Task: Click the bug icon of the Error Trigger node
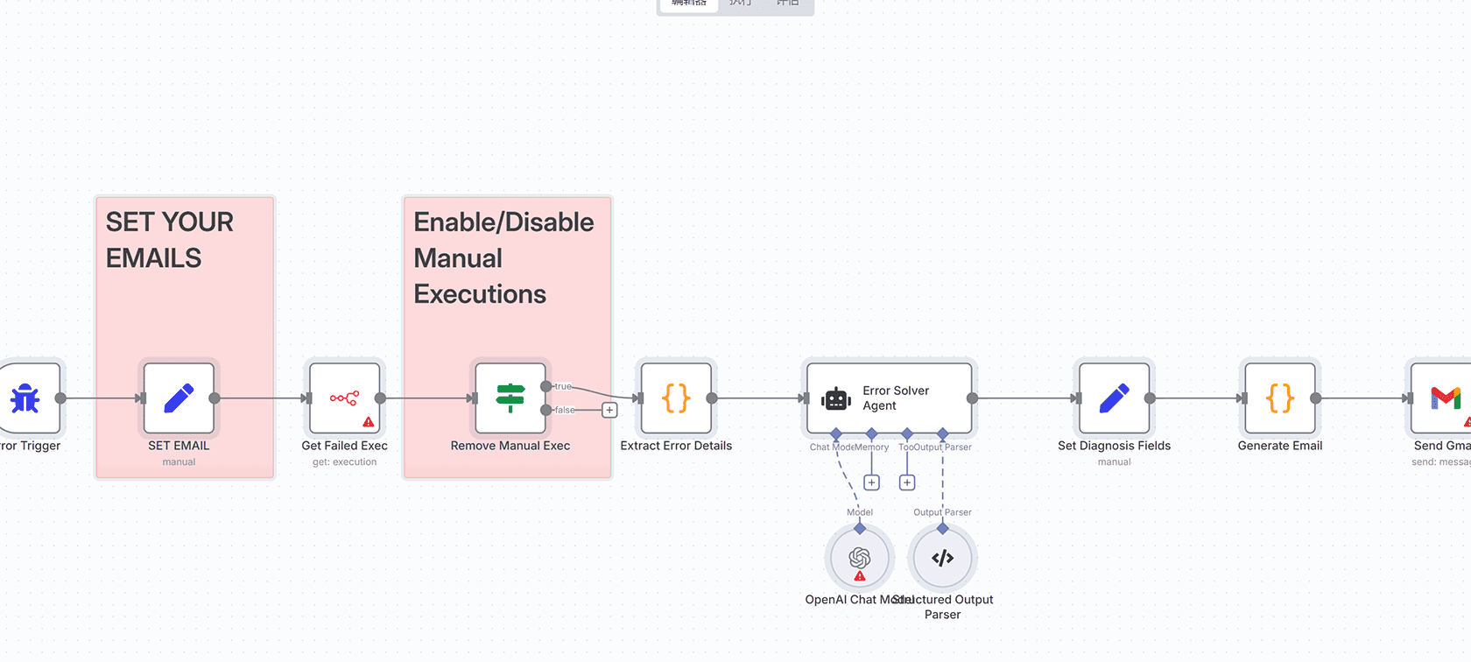point(25,398)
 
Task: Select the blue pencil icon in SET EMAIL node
point(179,398)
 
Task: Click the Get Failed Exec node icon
point(343,398)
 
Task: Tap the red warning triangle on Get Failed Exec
point(369,422)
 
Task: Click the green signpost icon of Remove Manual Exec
point(510,398)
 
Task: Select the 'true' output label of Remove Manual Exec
point(563,386)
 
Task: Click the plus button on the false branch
point(609,410)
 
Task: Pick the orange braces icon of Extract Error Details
point(676,398)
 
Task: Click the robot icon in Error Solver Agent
point(836,399)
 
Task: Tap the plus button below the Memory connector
point(871,482)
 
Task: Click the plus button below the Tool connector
point(907,482)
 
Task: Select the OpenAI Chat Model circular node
point(859,558)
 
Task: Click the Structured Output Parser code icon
point(942,558)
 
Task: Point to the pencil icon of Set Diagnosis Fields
point(1114,398)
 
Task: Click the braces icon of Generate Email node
point(1279,398)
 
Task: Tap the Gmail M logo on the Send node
point(1445,398)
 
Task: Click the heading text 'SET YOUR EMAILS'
point(169,240)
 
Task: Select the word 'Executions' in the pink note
point(480,294)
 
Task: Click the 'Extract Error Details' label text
point(676,446)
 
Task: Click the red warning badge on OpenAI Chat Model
point(860,576)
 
